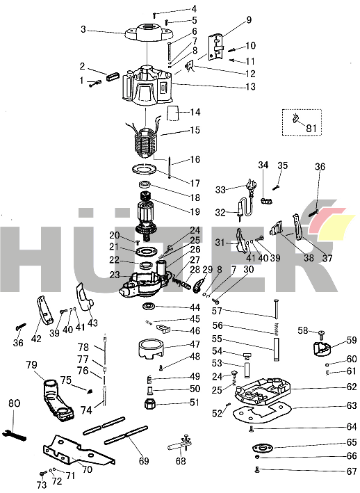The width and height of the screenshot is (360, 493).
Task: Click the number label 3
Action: [83, 30]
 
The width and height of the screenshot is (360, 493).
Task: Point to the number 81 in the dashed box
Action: [311, 127]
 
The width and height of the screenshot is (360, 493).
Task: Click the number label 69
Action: [144, 461]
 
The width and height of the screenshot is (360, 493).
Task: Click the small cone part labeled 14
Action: [174, 114]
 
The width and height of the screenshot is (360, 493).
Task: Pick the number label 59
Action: [352, 340]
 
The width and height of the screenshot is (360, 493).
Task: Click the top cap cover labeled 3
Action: [147, 32]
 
